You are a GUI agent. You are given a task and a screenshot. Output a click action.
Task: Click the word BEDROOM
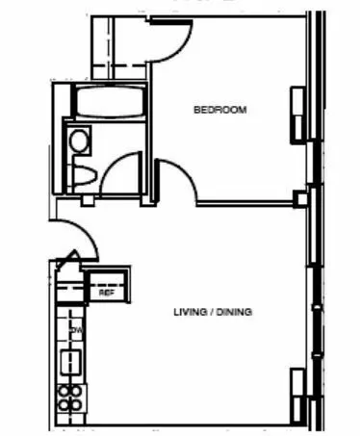[220, 110]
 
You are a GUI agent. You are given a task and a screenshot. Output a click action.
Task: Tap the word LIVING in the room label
[190, 313]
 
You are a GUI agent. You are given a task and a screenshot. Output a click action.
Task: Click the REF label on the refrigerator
[107, 294]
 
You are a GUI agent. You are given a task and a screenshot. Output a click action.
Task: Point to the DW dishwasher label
[75, 331]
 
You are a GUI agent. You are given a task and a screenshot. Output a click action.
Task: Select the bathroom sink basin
[79, 141]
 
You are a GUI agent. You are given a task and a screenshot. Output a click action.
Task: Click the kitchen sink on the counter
[71, 362]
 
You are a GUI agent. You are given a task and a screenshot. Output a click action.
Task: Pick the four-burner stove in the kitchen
[71, 397]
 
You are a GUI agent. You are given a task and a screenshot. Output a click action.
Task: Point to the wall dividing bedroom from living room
[245, 202]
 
